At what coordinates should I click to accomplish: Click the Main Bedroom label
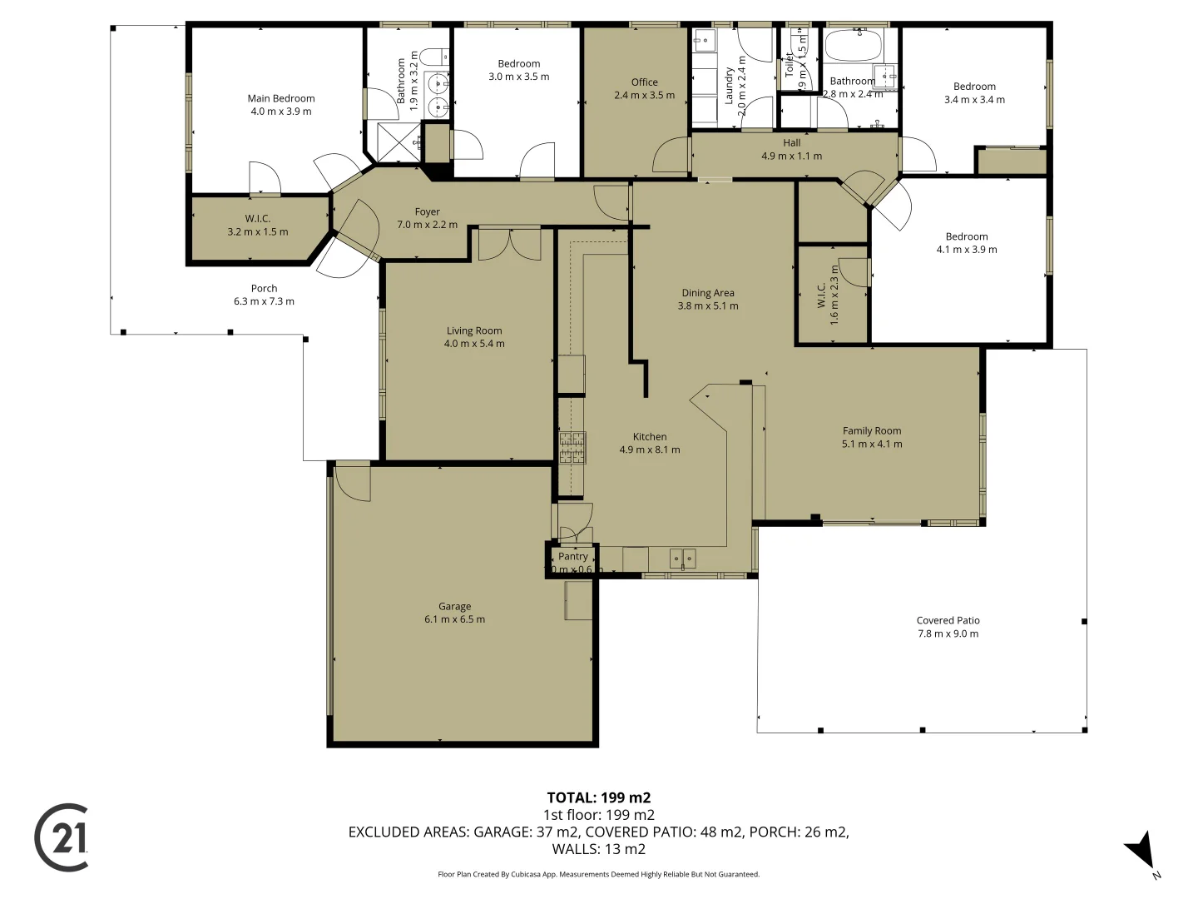[281, 98]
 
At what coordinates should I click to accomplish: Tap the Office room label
[644, 82]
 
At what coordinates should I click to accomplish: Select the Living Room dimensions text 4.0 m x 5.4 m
[474, 344]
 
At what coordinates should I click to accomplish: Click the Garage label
[454, 607]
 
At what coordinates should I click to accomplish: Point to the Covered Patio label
[948, 621]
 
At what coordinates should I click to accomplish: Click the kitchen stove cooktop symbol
[572, 447]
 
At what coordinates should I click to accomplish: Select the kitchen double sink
[682, 558]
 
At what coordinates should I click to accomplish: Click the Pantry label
[572, 557]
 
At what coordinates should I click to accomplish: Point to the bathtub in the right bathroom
[857, 46]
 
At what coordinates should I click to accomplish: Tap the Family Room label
[871, 431]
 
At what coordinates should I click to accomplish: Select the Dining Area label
[708, 293]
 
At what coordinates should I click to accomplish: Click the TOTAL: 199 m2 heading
[598, 797]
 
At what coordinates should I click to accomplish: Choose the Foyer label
[427, 212]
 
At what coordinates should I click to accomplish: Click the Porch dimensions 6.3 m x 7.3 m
[264, 301]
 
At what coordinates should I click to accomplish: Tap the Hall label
[791, 143]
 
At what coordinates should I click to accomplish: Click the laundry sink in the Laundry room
[704, 40]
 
